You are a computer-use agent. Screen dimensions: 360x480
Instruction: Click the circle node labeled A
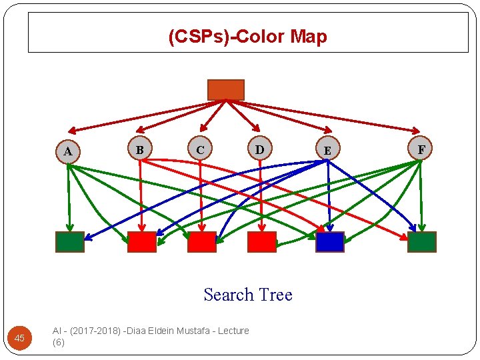click(x=68, y=152)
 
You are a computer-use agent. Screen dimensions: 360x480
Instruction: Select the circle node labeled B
click(x=140, y=149)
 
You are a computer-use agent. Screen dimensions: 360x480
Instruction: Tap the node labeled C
click(x=200, y=149)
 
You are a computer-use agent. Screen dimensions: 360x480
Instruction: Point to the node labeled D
click(x=259, y=149)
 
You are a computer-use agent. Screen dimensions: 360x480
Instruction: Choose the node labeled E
click(x=327, y=151)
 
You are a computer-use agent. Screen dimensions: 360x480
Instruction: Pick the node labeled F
click(x=421, y=149)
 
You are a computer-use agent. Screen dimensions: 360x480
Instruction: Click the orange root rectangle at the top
click(x=226, y=90)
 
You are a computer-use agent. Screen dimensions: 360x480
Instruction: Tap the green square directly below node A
click(x=70, y=242)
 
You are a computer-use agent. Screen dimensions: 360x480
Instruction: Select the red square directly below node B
click(x=141, y=242)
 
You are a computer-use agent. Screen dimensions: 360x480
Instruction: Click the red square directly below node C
click(x=201, y=242)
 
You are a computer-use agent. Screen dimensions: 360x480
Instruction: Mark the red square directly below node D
click(x=261, y=242)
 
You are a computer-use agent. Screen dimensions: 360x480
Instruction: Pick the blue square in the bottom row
click(x=330, y=242)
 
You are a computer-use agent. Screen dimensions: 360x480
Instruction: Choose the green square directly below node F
click(x=421, y=242)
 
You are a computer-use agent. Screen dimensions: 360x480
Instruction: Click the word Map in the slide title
click(x=309, y=37)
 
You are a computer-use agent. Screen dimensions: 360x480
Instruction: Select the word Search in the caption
click(x=229, y=295)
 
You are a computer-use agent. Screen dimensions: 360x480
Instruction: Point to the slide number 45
click(x=19, y=339)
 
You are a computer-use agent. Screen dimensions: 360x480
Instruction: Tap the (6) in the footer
click(x=58, y=343)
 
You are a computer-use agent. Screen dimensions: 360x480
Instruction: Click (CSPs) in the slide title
click(x=198, y=37)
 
